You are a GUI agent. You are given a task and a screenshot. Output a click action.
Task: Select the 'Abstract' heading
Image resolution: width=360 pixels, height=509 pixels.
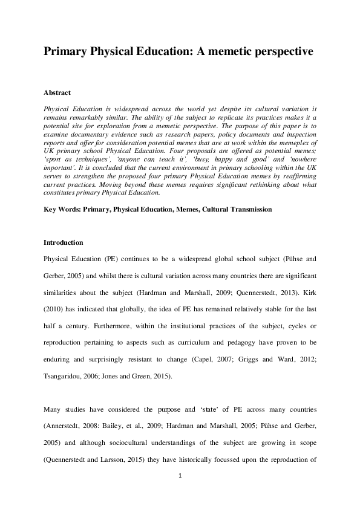(57, 93)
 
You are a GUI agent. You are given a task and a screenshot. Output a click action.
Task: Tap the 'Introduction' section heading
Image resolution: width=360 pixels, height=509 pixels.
(63, 243)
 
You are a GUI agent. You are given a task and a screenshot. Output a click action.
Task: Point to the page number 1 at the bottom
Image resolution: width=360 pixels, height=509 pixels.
(180, 476)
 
